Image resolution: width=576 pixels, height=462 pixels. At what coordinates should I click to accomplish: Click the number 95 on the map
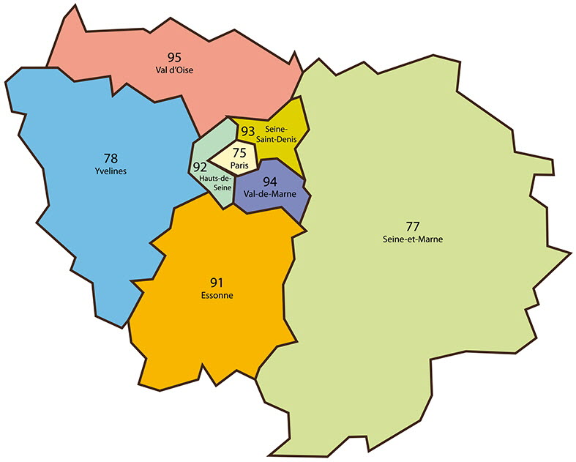(174, 57)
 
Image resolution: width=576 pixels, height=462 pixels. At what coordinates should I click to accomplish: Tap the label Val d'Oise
(174, 70)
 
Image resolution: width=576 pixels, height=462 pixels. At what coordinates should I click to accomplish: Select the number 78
(111, 157)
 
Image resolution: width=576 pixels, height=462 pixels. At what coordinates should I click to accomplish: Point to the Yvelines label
(111, 171)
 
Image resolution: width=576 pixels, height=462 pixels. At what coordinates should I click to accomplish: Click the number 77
(413, 225)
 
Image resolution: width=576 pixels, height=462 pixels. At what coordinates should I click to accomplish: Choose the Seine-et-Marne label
(413, 239)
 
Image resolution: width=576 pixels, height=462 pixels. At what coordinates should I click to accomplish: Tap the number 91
(216, 281)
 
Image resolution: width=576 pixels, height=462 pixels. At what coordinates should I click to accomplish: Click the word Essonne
(216, 295)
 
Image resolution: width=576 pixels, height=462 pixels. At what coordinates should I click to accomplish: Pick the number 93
(247, 131)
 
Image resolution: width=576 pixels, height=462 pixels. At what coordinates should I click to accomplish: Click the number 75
(239, 153)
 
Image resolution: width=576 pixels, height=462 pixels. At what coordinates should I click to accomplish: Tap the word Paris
(239, 165)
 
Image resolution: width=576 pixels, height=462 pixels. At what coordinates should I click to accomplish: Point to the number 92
(200, 166)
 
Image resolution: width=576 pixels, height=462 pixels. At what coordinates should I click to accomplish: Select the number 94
(269, 182)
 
